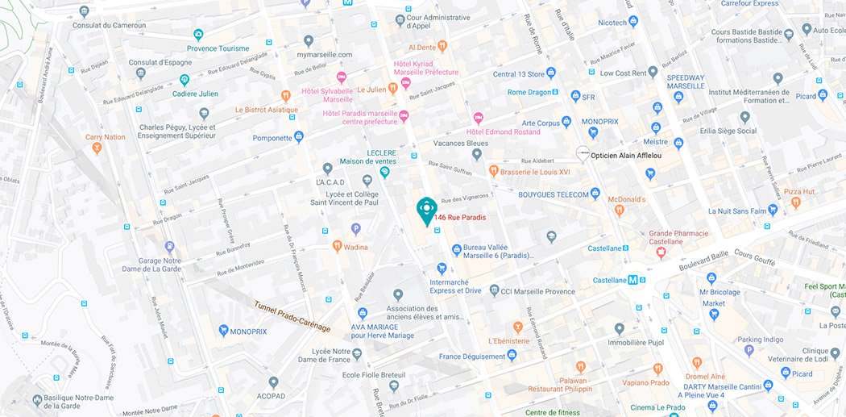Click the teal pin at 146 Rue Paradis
425,208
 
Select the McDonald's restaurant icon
619,211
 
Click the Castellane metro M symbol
633,280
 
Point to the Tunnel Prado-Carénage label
292,316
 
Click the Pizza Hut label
800,192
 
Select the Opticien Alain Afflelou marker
582,153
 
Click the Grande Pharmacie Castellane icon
661,252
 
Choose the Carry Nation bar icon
96,148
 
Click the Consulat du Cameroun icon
85,12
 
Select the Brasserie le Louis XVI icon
494,171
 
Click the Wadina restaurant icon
337,245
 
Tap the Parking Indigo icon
749,351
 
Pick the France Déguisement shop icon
511,356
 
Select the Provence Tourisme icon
198,35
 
